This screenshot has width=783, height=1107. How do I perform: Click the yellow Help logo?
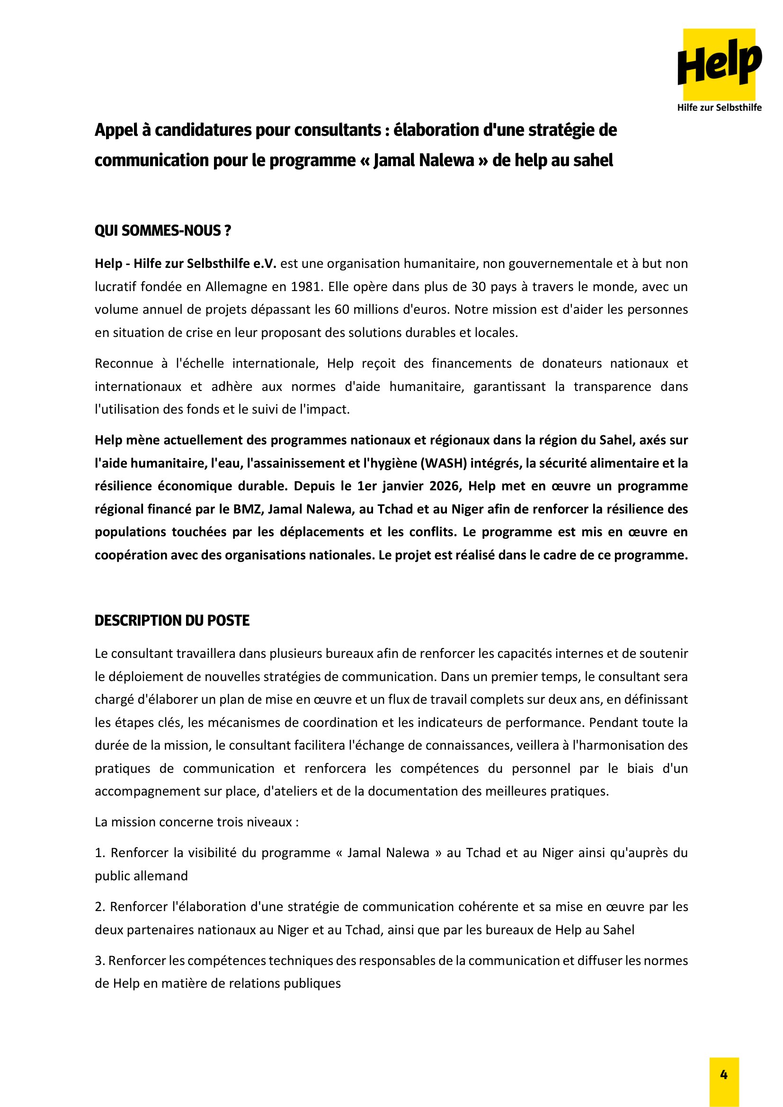(x=719, y=64)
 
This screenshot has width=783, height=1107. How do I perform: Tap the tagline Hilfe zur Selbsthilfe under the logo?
(x=719, y=107)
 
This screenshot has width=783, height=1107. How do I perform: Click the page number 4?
(x=724, y=1075)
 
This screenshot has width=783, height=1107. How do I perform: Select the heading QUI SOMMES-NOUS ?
(x=162, y=231)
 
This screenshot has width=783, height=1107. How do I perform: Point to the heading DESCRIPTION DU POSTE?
(x=172, y=620)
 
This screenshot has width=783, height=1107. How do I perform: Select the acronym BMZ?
(x=247, y=509)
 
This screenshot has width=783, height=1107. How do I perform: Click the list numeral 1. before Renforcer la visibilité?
(x=100, y=853)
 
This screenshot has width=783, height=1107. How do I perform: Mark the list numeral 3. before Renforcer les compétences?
(x=100, y=961)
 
